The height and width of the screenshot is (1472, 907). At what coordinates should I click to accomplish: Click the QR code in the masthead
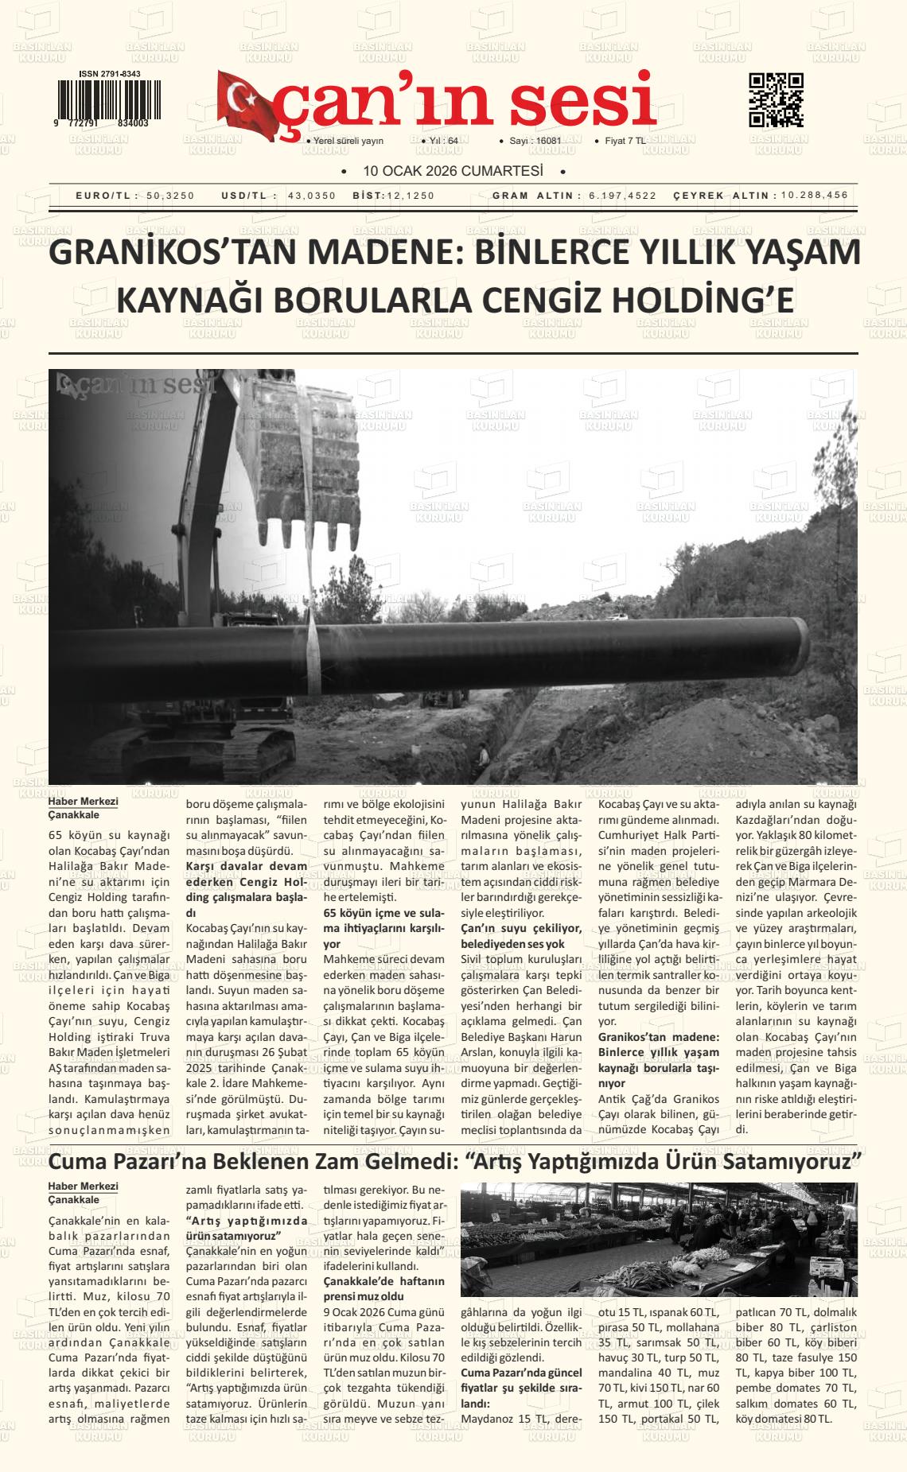pyautogui.click(x=776, y=100)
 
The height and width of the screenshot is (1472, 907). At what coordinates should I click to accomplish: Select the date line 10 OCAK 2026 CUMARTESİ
pyautogui.click(x=453, y=171)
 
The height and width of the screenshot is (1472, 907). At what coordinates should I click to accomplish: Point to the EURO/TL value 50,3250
pyautogui.click(x=170, y=196)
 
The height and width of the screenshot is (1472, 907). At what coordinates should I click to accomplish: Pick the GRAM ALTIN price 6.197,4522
pyautogui.click(x=623, y=196)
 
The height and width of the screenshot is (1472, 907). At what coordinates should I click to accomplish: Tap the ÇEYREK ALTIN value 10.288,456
pyautogui.click(x=815, y=196)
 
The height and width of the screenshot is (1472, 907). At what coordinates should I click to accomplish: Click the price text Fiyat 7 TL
pyautogui.click(x=625, y=141)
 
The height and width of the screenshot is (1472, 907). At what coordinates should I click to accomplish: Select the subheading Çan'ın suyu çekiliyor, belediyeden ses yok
pyautogui.click(x=521, y=935)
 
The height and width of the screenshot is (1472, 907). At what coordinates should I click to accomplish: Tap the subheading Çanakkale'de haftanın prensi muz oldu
pyautogui.click(x=384, y=1288)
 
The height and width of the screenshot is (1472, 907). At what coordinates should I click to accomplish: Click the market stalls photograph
pyautogui.click(x=659, y=1240)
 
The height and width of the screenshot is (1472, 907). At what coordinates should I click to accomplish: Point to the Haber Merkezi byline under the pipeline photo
pyautogui.click(x=84, y=802)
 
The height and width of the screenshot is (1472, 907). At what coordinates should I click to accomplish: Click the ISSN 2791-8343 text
pyautogui.click(x=110, y=74)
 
